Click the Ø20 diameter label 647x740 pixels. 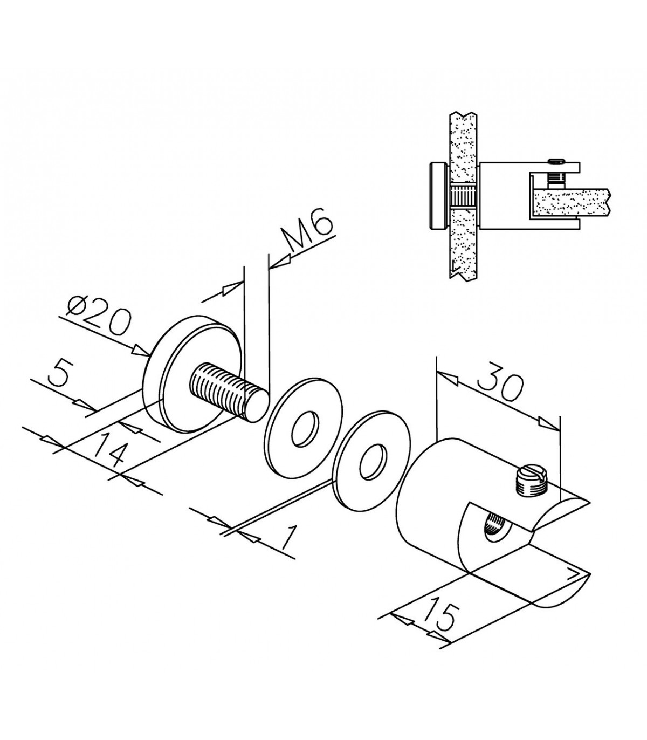coord(99,317)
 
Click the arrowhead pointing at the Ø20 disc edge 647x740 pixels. coord(140,351)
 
